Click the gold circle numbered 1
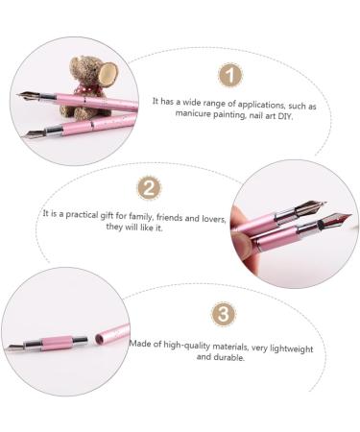pos(228,75)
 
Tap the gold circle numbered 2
pos(149,186)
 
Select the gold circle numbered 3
pos(220,315)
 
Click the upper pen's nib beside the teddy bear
pos(27,96)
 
